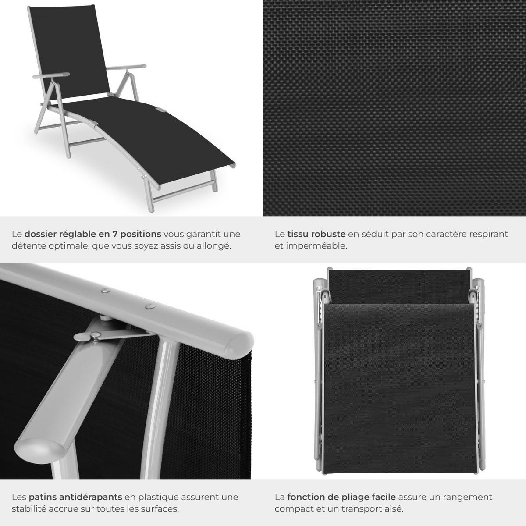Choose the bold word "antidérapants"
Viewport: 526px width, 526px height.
92,497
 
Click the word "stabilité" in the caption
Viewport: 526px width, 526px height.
29,509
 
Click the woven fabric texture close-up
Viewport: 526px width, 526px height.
394,108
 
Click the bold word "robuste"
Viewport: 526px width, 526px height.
329,234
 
